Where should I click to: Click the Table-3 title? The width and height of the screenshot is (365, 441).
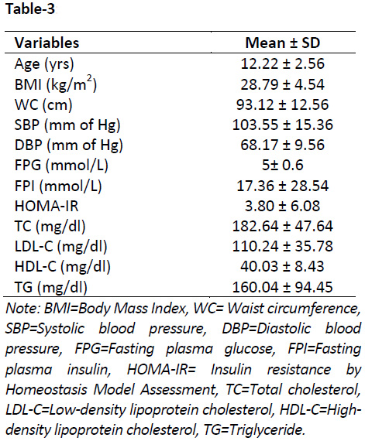[30, 9]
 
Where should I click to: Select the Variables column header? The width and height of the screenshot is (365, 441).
[46, 43]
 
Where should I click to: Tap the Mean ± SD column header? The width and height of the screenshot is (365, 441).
[283, 43]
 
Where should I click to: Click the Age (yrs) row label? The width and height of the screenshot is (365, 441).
[44, 64]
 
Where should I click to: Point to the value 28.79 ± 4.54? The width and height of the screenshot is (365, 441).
[283, 84]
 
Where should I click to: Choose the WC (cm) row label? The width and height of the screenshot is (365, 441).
[43, 105]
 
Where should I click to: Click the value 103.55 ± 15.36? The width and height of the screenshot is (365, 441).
[283, 125]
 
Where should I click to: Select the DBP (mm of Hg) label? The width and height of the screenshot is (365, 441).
[69, 145]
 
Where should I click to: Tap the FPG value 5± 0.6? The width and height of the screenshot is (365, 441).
[283, 165]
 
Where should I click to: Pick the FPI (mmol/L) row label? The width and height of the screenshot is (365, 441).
[58, 186]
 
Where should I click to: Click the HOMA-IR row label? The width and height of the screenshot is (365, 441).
[46, 206]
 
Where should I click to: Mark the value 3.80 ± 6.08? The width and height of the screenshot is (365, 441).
[283, 206]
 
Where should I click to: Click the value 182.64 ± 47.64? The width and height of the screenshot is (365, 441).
[283, 226]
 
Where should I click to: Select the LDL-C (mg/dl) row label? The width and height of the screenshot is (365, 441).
[60, 247]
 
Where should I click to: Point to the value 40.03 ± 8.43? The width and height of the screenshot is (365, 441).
[283, 266]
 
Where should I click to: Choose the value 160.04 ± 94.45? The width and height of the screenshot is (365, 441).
[283, 287]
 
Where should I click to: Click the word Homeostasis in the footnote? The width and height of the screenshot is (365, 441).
[46, 390]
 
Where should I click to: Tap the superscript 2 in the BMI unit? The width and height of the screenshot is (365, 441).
[90, 80]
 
